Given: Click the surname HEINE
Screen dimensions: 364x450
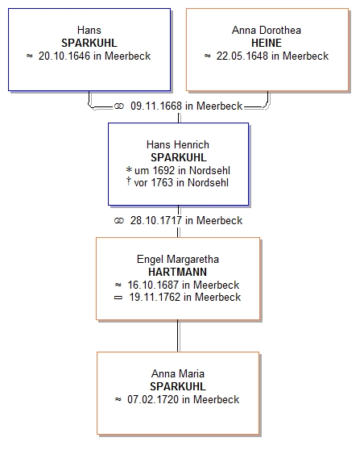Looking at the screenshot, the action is coord(267,43).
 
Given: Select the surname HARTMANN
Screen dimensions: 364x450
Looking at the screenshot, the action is coord(177,272).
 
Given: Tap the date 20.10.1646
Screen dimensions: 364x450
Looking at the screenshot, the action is coord(64,56).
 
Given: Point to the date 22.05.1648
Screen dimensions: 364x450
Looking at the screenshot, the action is coord(242,56).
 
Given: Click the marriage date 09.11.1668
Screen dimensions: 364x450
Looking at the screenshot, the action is coord(156,106).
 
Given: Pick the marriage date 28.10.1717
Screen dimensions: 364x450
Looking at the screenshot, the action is coord(156,220).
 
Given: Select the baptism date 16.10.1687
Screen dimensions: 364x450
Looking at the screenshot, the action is coord(153,285).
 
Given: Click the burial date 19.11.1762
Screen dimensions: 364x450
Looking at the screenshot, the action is coord(155,297).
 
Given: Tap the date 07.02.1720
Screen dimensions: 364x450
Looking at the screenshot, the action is coord(153,399).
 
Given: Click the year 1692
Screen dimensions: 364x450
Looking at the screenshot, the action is coord(163,170).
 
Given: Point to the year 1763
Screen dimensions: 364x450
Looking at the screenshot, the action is coord(162,182).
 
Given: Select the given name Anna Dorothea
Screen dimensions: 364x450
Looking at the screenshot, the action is coord(267,30).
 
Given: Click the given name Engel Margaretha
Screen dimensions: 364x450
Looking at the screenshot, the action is coord(178,259).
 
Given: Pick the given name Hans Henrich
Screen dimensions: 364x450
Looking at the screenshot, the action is coord(178,144).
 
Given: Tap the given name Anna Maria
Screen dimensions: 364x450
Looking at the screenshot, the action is coord(178,373).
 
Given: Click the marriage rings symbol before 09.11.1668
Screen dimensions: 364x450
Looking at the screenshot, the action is coord(119,106).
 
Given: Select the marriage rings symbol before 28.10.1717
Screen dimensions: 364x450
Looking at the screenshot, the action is coord(119,221).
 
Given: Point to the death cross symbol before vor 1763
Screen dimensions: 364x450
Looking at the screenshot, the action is coord(129,181).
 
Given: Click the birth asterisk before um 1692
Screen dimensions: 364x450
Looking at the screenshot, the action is coord(129,169).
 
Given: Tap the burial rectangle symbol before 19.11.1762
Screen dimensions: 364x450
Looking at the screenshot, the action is coord(118,298).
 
